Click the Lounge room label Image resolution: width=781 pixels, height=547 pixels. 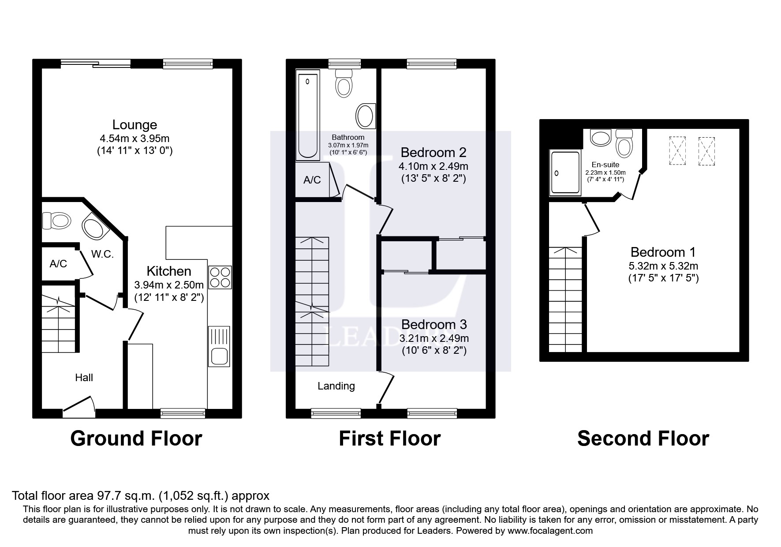click(135, 125)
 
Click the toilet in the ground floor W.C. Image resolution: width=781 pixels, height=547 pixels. click(56, 220)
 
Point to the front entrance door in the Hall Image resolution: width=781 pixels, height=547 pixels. click(79, 406)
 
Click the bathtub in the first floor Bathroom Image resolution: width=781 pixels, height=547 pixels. click(308, 116)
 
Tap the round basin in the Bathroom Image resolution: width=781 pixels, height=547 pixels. click(365, 116)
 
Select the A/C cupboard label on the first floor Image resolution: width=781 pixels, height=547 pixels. click(312, 180)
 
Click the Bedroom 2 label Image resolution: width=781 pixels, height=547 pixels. click(433, 153)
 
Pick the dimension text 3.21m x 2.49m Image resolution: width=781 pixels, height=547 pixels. click(434, 339)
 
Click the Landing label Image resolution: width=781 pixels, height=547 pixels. click(336, 386)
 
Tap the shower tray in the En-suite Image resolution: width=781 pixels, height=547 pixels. click(564, 173)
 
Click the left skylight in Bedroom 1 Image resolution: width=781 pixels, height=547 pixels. click(677, 151)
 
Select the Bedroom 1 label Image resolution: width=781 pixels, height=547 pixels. click(663, 252)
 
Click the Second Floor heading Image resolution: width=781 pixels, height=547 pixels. click(643, 438)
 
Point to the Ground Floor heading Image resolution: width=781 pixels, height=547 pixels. click(136, 438)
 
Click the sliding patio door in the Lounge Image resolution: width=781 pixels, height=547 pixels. click(96, 64)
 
